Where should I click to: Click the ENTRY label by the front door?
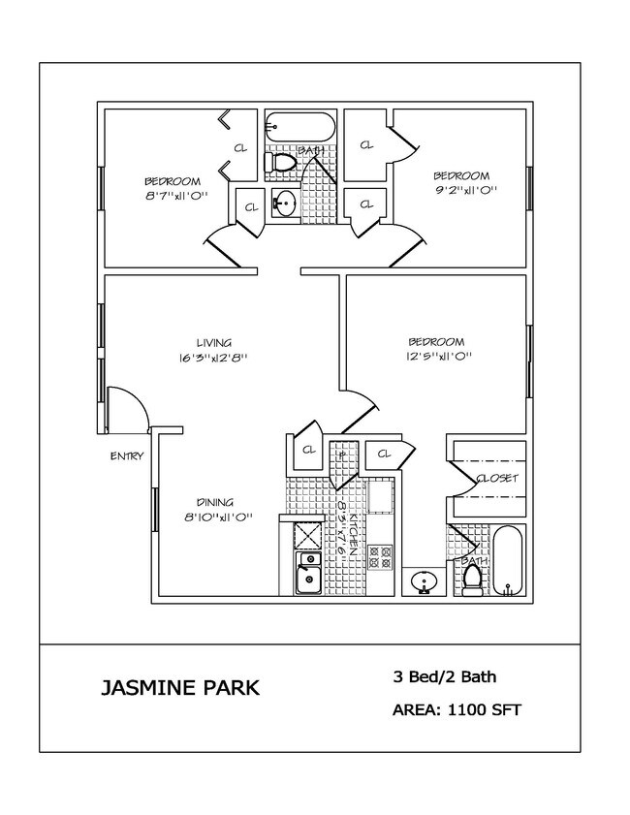tap(126, 456)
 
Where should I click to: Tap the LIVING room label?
tap(213, 342)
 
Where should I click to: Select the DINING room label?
tap(214, 502)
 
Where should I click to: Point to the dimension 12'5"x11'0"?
tap(438, 356)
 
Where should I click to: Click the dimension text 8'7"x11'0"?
tap(173, 196)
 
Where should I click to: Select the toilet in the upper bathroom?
tap(281, 163)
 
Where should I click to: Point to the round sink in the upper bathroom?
tap(285, 203)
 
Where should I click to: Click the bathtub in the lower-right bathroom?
tap(509, 562)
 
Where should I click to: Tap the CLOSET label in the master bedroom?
tap(497, 479)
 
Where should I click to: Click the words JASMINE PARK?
tap(179, 688)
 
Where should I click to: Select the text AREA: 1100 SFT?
tap(457, 710)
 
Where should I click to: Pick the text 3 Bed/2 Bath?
tap(445, 676)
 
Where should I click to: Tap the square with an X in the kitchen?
tap(308, 535)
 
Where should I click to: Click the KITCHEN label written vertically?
tap(355, 531)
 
